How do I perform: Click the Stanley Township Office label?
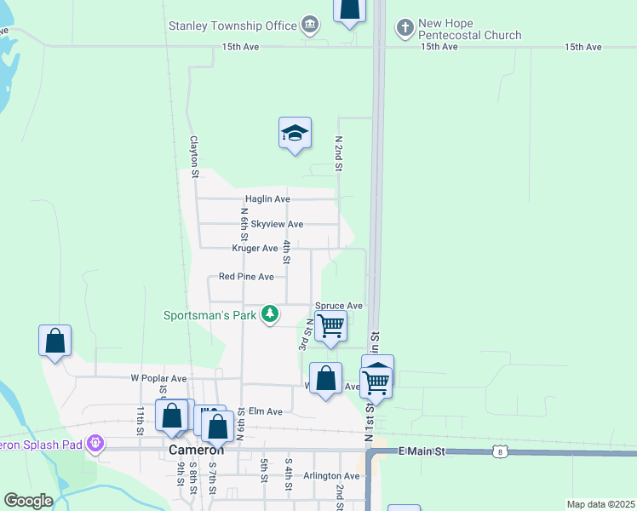[x=232, y=26]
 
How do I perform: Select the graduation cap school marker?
[x=295, y=134]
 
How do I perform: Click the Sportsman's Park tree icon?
[x=270, y=315]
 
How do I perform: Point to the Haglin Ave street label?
[x=269, y=199]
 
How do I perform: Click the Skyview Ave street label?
[x=277, y=224]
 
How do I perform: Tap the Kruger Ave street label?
[x=255, y=249]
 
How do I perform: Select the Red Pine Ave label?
[x=246, y=277]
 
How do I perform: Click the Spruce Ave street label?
[x=339, y=306]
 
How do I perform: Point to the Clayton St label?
[x=194, y=158]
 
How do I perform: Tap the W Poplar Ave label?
[x=158, y=378]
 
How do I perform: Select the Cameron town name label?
[x=197, y=450]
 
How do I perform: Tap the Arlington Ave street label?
[x=331, y=476]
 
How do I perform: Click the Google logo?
[x=28, y=501]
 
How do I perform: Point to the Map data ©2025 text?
[x=600, y=504]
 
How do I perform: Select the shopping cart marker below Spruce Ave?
[x=330, y=325]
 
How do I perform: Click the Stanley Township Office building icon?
[x=311, y=26]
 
